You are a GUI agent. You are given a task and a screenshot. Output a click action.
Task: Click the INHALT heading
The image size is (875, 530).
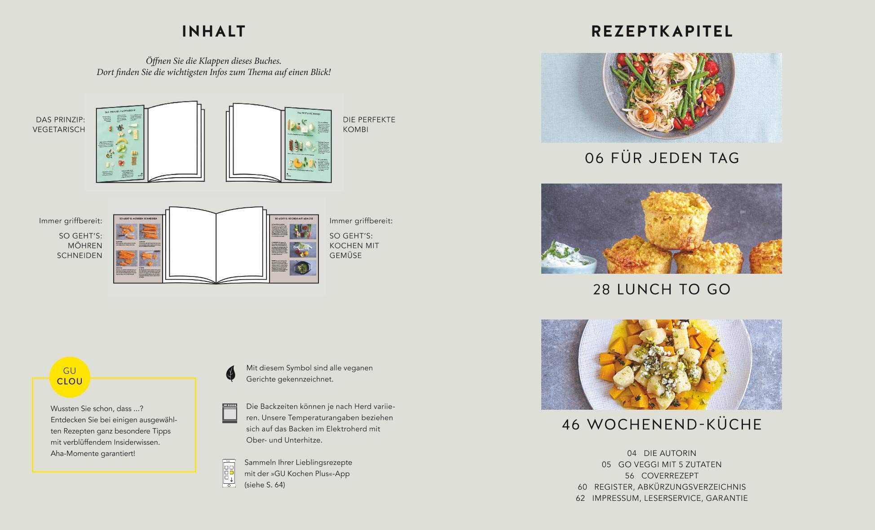point(214,31)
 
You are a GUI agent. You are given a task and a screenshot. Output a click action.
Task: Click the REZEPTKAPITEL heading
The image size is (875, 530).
point(662,31)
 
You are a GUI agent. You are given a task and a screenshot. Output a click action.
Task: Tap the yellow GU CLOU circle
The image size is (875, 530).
point(70,377)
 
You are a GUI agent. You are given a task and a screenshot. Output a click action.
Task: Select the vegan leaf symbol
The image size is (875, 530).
point(230,373)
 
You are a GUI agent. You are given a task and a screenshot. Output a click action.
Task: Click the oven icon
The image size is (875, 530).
point(230,413)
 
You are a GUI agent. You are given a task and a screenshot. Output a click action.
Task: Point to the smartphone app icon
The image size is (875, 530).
point(229,473)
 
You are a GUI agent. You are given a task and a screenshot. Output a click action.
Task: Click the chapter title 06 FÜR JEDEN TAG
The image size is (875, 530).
point(662,158)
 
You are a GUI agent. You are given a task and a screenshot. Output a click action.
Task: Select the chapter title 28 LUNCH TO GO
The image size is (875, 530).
point(662,289)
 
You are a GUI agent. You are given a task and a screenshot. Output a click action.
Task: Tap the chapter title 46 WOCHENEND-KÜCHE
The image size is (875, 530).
point(662,425)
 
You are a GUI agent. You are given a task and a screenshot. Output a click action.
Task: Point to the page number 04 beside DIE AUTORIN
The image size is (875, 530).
point(632,453)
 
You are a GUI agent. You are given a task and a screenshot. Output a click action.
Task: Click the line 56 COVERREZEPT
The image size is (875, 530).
point(662,476)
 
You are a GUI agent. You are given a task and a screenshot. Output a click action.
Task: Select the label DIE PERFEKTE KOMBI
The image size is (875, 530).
point(369,124)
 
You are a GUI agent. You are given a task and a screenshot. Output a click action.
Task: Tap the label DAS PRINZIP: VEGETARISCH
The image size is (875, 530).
point(59,124)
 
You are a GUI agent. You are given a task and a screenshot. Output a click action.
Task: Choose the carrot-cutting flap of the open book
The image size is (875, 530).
point(138,248)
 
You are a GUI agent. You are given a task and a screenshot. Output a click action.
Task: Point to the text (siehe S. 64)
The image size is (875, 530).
point(265,485)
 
